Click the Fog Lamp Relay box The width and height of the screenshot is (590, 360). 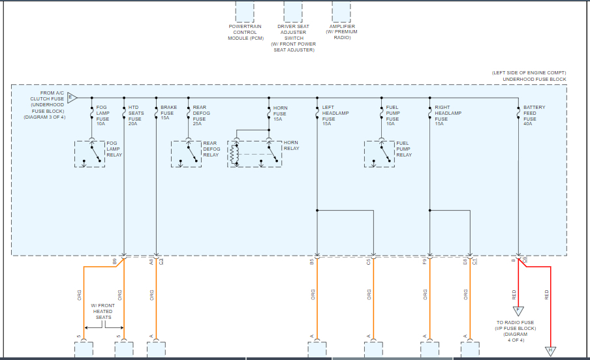pyautogui.click(x=90, y=153)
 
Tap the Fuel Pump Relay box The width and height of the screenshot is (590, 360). pyautogui.click(x=380, y=153)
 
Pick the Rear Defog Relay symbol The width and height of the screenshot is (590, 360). pyautogui.click(x=186, y=153)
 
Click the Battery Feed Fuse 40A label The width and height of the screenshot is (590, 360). pyautogui.click(x=534, y=115)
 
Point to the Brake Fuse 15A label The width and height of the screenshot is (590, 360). pyautogui.click(x=168, y=113)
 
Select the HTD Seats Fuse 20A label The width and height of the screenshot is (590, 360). pyautogui.click(x=134, y=115)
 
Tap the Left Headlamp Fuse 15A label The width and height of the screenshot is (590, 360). pyautogui.click(x=335, y=115)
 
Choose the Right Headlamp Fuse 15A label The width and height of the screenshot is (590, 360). pyautogui.click(x=448, y=115)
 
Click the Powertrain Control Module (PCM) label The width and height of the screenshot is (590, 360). pyautogui.click(x=245, y=33)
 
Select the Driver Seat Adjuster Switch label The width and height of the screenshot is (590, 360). pyautogui.click(x=293, y=38)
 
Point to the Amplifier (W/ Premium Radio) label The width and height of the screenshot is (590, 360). pyautogui.click(x=342, y=33)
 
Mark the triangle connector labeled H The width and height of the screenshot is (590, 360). pyautogui.click(x=550, y=351)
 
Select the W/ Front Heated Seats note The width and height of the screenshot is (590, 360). pyautogui.click(x=103, y=312)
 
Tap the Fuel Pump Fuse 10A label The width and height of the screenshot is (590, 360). pyautogui.click(x=392, y=115)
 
